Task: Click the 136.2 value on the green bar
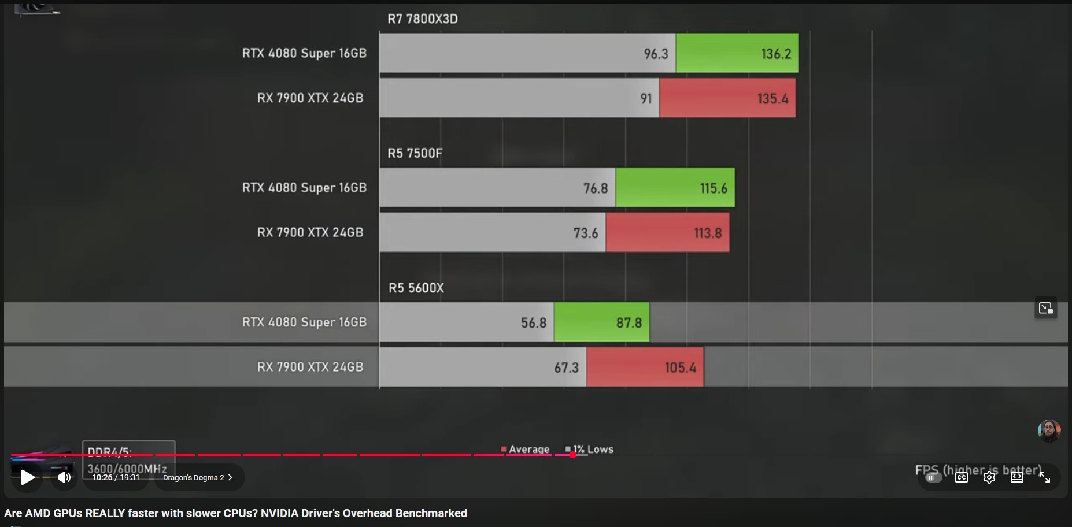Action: (x=775, y=54)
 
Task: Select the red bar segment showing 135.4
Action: (x=727, y=98)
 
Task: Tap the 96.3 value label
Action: (x=656, y=54)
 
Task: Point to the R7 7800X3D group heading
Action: (x=422, y=19)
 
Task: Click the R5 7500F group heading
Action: (x=415, y=153)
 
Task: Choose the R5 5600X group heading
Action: (x=416, y=288)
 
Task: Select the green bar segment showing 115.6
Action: (x=675, y=188)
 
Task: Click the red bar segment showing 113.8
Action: (x=667, y=233)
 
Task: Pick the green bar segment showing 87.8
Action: (x=601, y=322)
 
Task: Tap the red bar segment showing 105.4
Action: (x=645, y=368)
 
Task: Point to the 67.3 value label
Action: (x=566, y=368)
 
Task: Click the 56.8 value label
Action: (x=533, y=322)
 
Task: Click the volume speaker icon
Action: (x=64, y=477)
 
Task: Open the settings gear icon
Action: (x=989, y=477)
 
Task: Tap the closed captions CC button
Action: (x=962, y=477)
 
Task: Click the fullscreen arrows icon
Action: (x=1045, y=477)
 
